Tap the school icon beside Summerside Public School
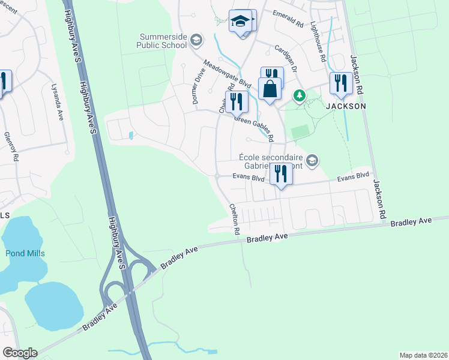(x=195, y=41)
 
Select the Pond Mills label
(x=25, y=253)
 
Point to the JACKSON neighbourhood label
(x=346, y=106)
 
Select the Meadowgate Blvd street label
(x=226, y=74)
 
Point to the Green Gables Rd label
(x=254, y=128)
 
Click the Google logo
(x=20, y=353)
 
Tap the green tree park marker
(x=299, y=95)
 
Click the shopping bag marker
(x=271, y=89)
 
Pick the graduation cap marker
(x=240, y=22)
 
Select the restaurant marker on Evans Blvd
(x=280, y=174)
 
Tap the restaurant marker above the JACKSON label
(x=341, y=83)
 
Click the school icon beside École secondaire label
(x=311, y=160)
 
